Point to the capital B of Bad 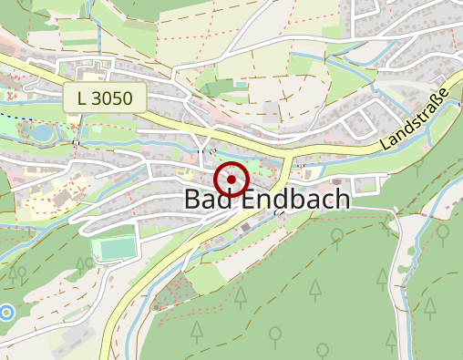[192, 201]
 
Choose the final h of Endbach [342, 201]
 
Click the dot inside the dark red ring [232, 180]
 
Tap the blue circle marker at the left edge [6, 313]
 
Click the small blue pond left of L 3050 [41, 133]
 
